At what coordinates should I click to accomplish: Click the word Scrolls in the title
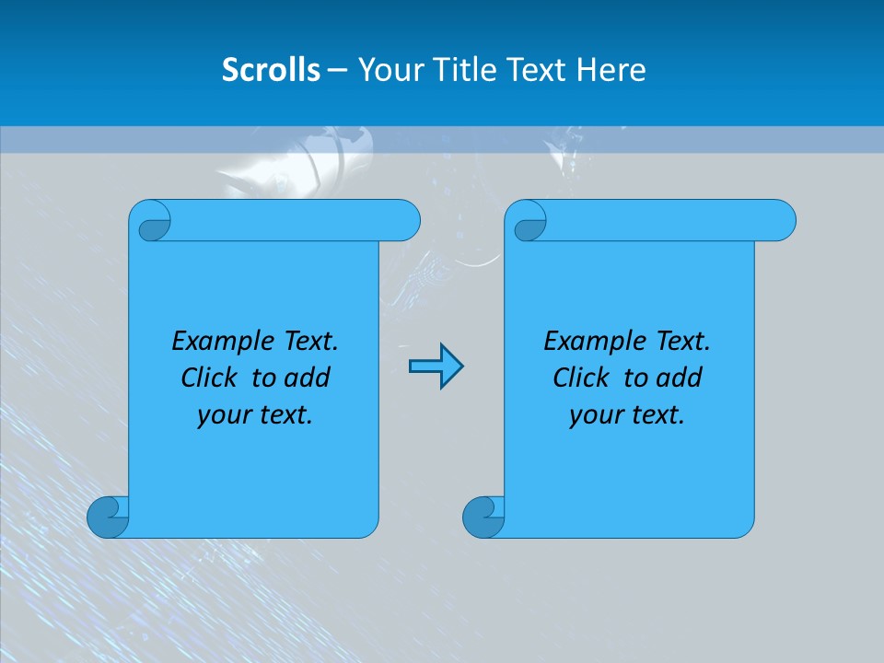pos(271,70)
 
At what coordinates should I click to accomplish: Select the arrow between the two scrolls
pos(436,366)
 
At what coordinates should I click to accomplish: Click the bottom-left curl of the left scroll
pos(107,517)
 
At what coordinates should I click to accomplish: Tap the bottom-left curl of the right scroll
pos(483,517)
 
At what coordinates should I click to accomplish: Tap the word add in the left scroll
pos(307,378)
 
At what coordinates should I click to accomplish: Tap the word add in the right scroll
pos(679,378)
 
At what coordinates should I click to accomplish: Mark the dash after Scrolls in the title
pos(337,70)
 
